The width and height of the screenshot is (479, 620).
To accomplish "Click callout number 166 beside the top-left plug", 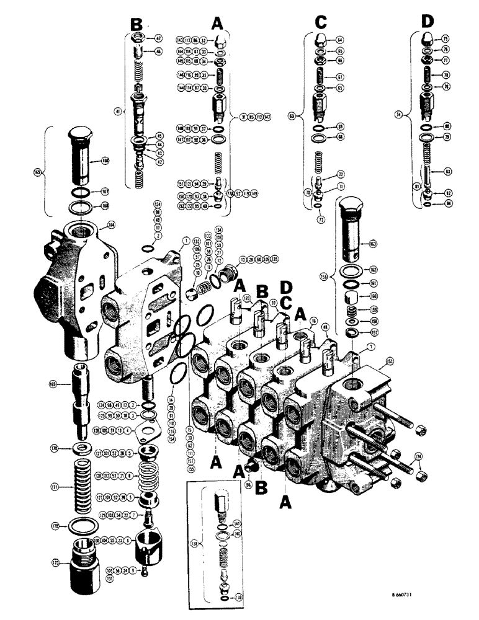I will (105, 161).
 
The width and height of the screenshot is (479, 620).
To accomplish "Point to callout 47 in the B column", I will (158, 38).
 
